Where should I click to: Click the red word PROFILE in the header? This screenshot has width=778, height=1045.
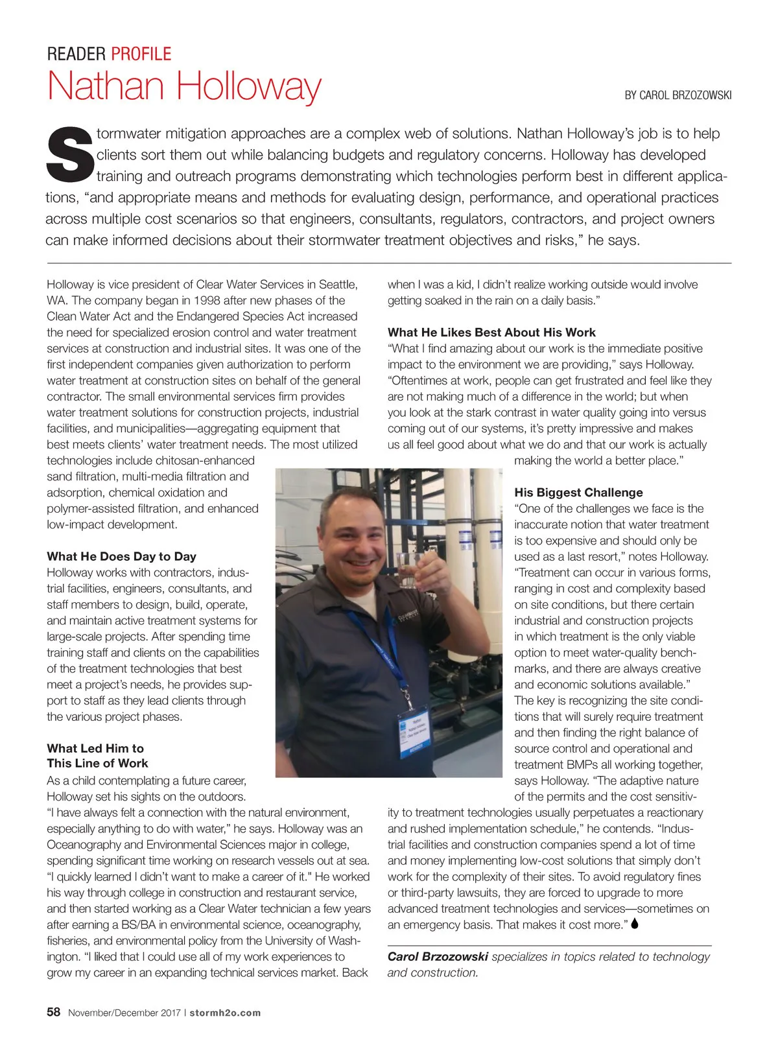point(141,54)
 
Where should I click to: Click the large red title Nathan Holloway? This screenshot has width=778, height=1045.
point(184,86)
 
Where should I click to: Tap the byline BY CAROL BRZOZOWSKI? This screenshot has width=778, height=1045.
point(678,95)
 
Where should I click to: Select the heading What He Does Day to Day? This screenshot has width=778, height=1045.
point(121,556)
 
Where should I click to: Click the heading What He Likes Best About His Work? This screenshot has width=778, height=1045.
point(491,332)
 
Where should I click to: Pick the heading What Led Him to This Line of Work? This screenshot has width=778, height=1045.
point(97,756)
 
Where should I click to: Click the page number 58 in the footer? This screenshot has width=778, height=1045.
point(54,1012)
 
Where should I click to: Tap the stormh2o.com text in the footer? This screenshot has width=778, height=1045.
point(225,1013)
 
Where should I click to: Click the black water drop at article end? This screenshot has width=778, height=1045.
point(635,923)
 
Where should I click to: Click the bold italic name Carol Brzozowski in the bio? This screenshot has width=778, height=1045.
point(438,956)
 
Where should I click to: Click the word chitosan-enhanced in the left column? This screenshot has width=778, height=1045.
point(205,460)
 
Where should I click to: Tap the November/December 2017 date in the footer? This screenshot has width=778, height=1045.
point(124,1013)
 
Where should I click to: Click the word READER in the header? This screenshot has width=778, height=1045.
point(77,54)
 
